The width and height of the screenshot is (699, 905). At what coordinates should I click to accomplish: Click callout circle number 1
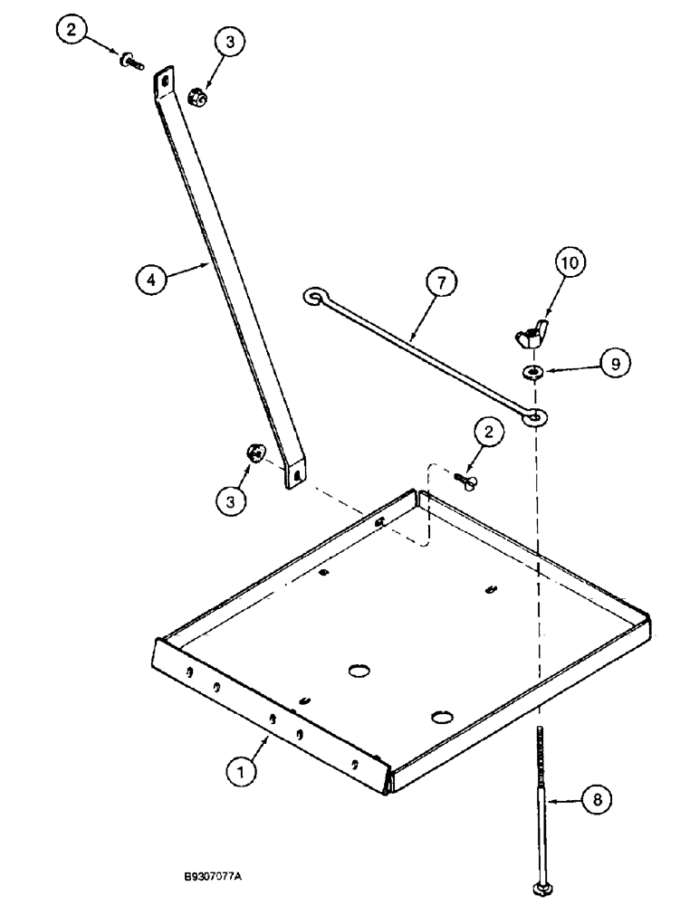point(242,772)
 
